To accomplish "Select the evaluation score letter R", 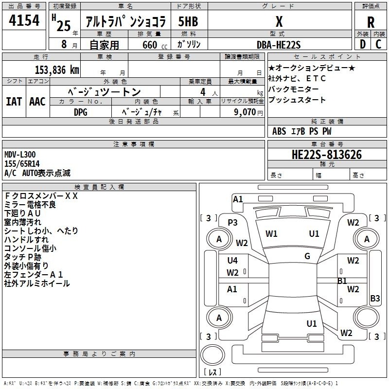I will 371,22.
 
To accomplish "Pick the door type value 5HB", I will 188,21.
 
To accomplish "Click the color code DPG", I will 81,112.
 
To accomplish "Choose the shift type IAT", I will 14,101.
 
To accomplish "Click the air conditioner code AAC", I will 37,101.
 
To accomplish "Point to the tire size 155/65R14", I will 22,164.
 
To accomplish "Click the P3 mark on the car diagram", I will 232,222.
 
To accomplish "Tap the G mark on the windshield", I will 307,256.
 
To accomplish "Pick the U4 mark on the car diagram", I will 232,260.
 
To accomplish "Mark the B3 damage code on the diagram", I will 375,299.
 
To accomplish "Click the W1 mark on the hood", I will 271,234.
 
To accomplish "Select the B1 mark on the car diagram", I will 342,281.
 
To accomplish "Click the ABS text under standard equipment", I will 279,131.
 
